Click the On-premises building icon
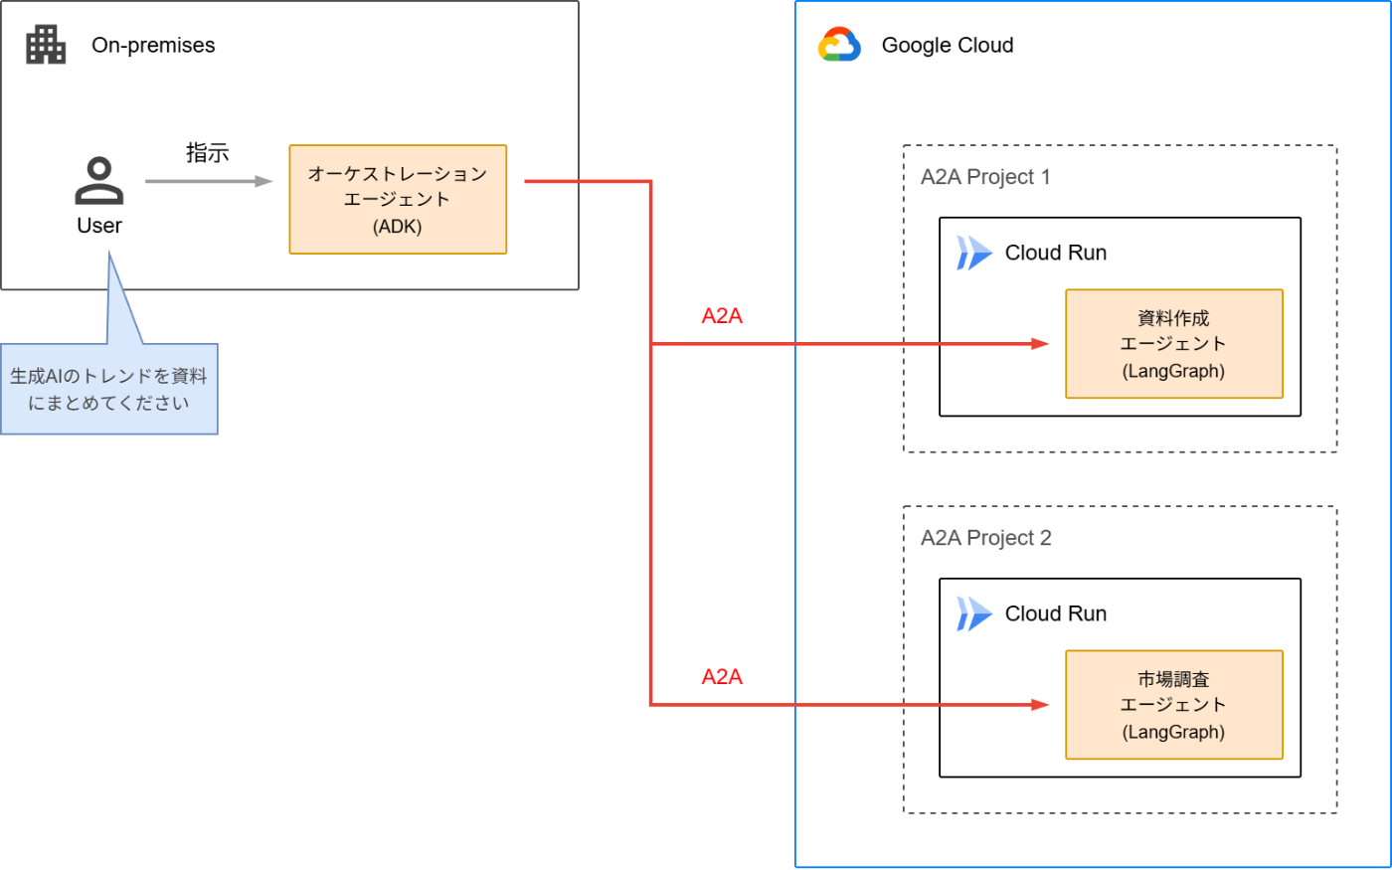point(46,45)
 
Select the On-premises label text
point(153,46)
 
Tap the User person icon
point(99,181)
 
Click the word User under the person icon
point(99,226)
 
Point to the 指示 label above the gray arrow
point(207,153)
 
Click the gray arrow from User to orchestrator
point(208,181)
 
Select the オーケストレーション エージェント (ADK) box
point(398,200)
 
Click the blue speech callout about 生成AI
point(108,389)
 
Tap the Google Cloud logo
point(838,45)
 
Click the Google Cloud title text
point(947,46)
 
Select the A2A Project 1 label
point(985,177)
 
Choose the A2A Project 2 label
point(985,538)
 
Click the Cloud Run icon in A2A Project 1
point(973,253)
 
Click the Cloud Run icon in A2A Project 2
point(973,613)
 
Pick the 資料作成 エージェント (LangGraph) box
point(1173,344)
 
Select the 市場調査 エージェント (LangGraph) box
point(1173,705)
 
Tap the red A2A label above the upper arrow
point(722,316)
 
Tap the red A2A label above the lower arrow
point(722,677)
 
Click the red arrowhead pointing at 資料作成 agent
point(1040,344)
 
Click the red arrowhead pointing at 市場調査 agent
point(1040,705)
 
